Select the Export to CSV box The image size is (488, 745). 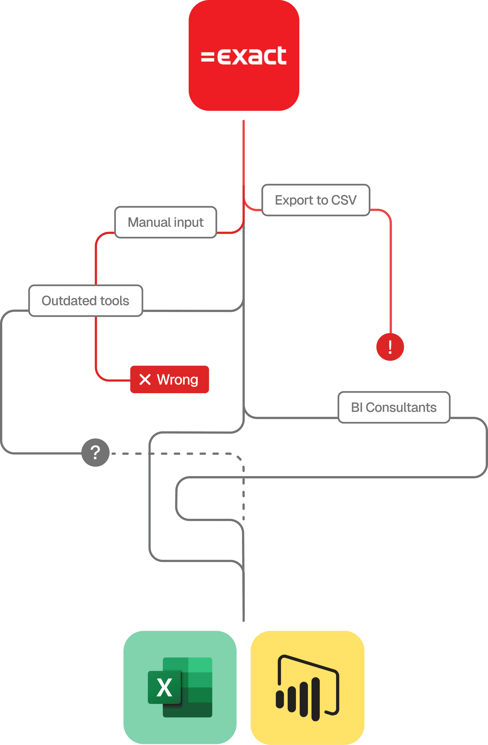(316, 200)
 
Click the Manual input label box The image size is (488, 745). (165, 222)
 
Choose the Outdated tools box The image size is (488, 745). (85, 301)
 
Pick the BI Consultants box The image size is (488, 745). (394, 407)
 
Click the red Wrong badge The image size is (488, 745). (169, 379)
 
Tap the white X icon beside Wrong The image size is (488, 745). (145, 379)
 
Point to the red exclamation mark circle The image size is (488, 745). (390, 347)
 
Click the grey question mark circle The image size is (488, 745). (95, 452)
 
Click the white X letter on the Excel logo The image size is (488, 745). (164, 687)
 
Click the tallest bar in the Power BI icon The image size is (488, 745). (316, 699)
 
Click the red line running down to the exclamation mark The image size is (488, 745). (391, 275)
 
